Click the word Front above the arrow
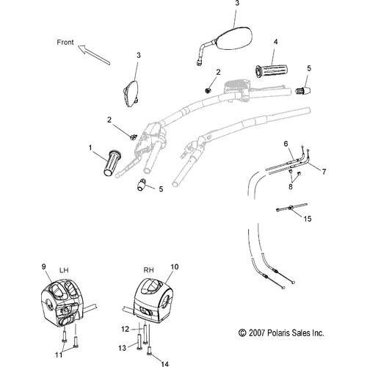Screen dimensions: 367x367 [x=65, y=43]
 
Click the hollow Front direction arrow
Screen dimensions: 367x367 [x=94, y=55]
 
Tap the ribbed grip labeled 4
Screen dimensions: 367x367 [x=272, y=70]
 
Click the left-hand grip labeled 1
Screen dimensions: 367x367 [x=112, y=163]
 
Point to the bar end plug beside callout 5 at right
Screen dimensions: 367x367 [x=303, y=90]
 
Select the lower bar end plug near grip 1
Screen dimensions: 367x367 [x=142, y=184]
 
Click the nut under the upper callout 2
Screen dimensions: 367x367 [x=208, y=90]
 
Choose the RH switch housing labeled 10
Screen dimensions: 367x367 [x=153, y=301]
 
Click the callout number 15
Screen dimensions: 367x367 [x=308, y=219]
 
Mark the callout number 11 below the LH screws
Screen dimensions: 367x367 [x=59, y=355]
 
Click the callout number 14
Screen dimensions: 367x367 [x=165, y=364]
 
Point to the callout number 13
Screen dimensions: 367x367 [x=123, y=348]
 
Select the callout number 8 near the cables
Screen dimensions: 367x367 [x=291, y=186]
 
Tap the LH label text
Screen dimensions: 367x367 [x=64, y=270]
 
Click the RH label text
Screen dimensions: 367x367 [x=148, y=270]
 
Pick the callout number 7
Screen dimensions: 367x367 [x=324, y=172]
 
